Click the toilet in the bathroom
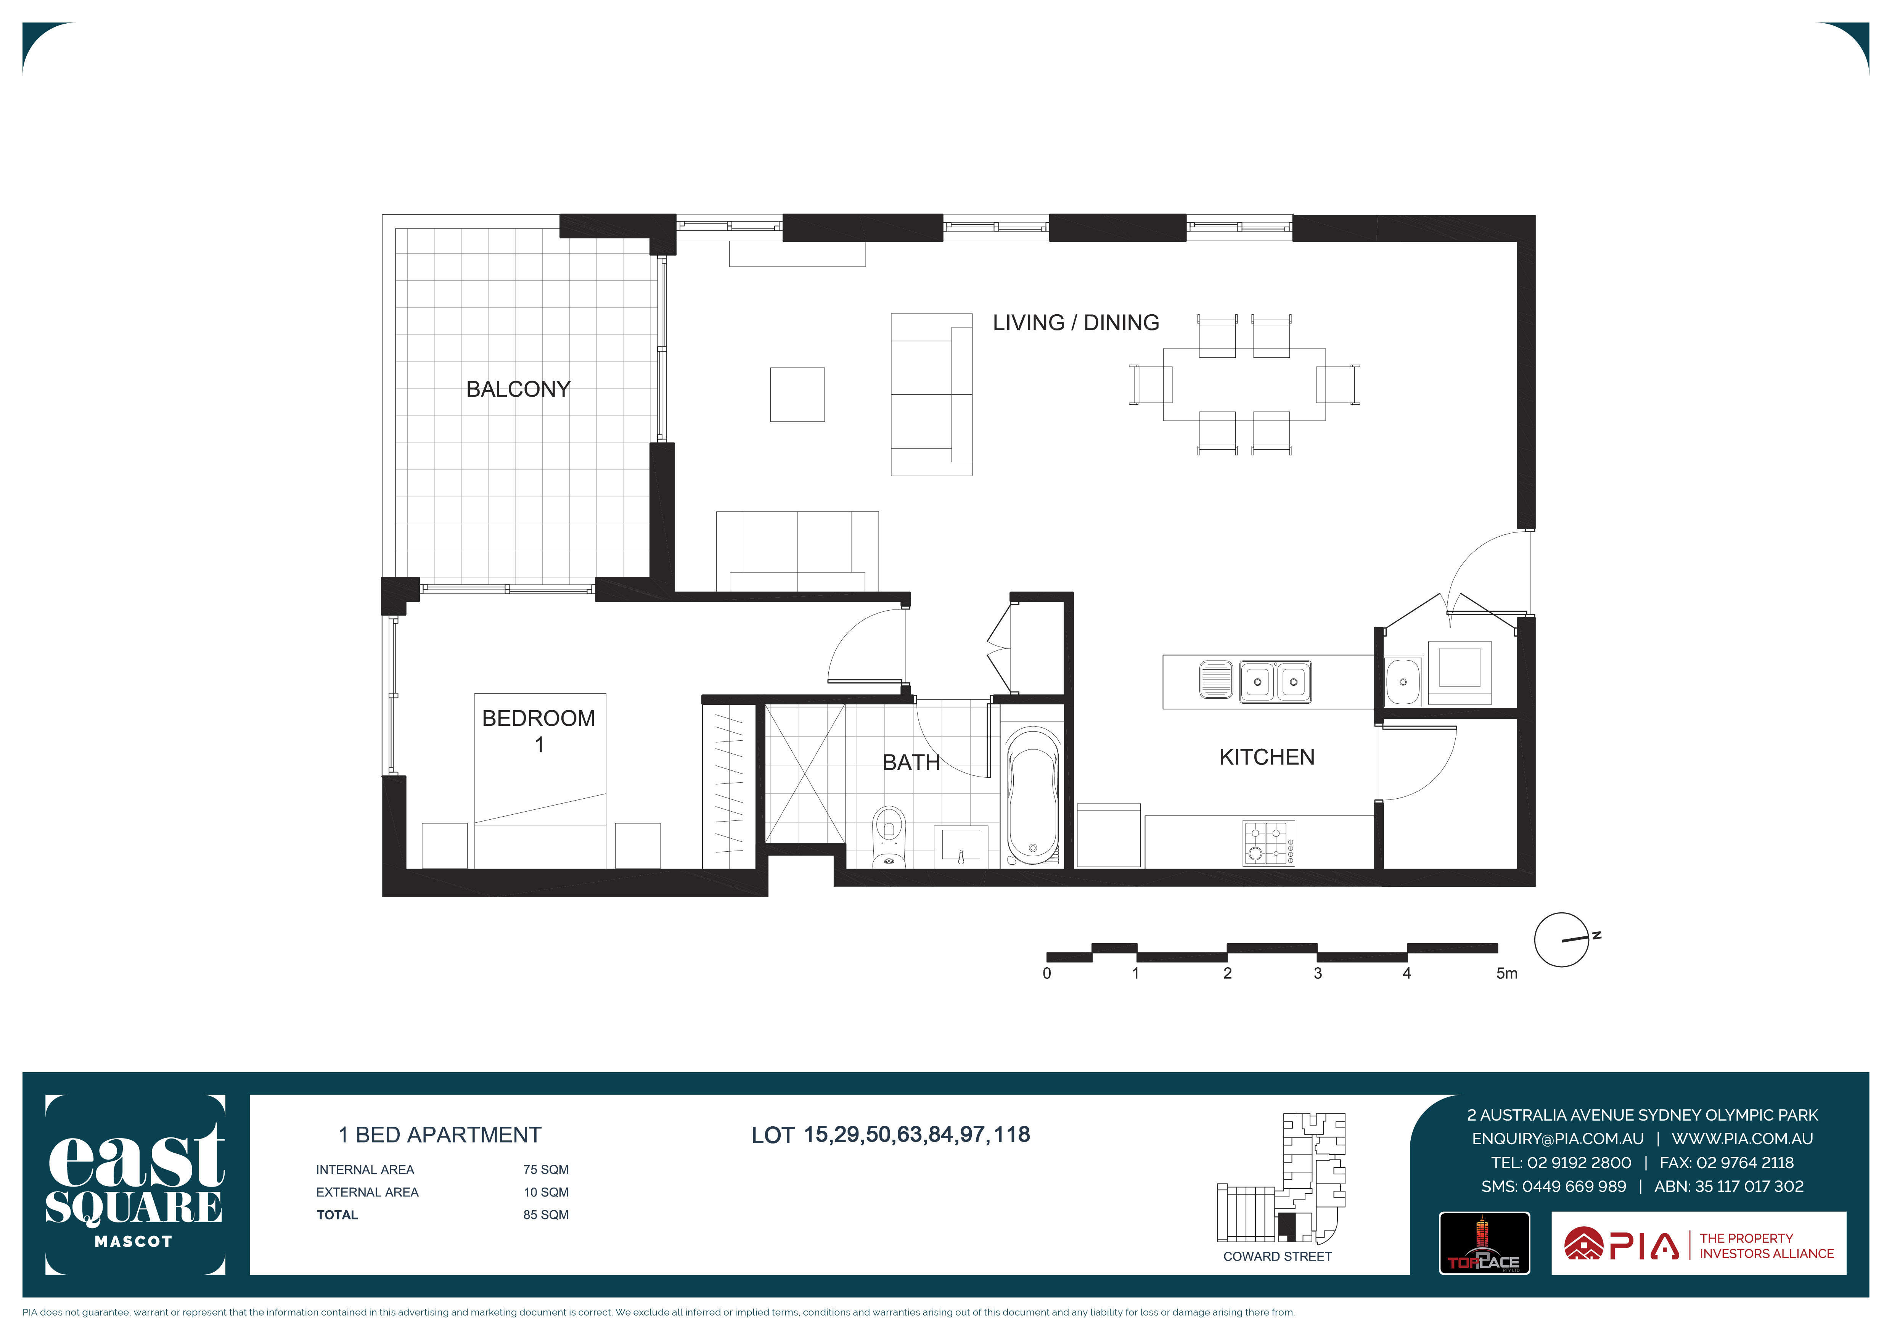(x=888, y=836)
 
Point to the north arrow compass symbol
(x=1562, y=940)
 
